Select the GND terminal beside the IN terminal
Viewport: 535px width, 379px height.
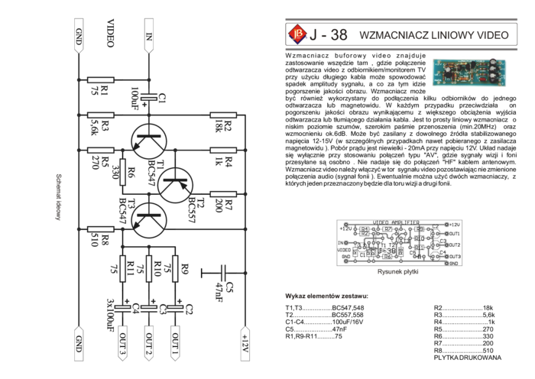pyautogui.click(x=79, y=38)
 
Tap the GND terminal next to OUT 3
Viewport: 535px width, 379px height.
pyautogui.click(x=79, y=342)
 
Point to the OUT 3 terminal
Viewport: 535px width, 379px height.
pyautogui.click(x=122, y=342)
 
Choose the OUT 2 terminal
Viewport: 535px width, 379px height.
pyautogui.click(x=149, y=342)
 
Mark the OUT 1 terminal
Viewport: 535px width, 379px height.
pyautogui.click(x=176, y=342)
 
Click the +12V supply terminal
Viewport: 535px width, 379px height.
pyautogui.click(x=245, y=342)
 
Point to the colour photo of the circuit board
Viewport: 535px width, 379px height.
pyautogui.click(x=463, y=70)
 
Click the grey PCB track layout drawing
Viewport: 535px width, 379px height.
pyautogui.click(x=400, y=242)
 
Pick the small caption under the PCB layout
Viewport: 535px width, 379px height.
pyautogui.click(x=399, y=270)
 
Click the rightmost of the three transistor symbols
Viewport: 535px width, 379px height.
pyautogui.click(x=175, y=183)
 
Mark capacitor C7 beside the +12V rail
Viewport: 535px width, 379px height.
pyautogui.click(x=224, y=279)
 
